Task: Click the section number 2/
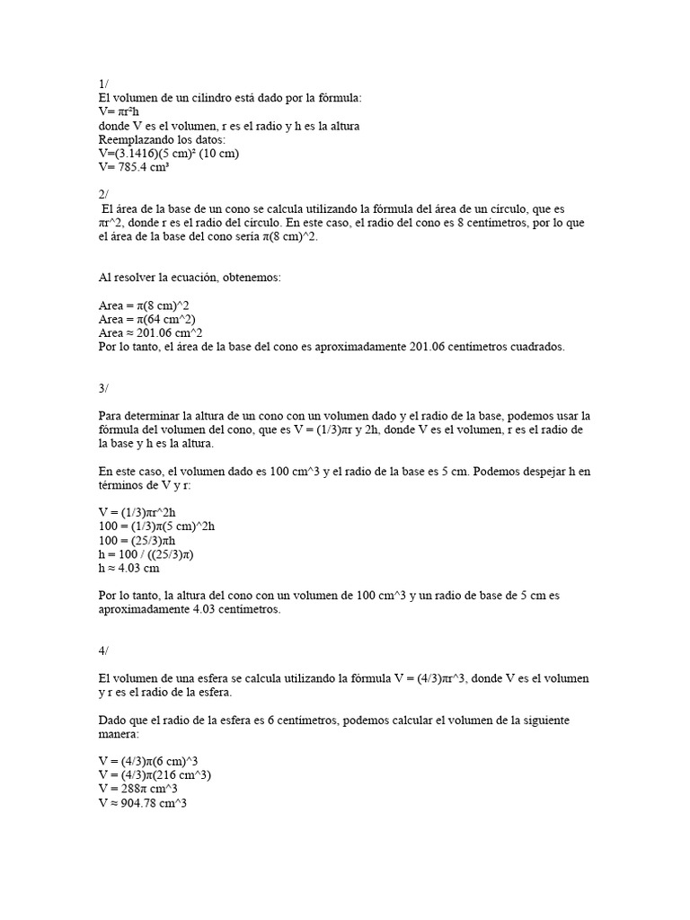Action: pyautogui.click(x=103, y=194)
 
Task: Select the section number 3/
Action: pyautogui.click(x=103, y=388)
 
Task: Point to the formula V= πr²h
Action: pyautogui.click(x=123, y=111)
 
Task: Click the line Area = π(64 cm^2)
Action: pyautogui.click(x=147, y=319)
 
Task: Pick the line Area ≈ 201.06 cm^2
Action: pyautogui.click(x=150, y=332)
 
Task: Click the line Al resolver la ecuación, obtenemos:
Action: pyautogui.click(x=190, y=278)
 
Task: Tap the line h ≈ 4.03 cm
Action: pyautogui.click(x=129, y=568)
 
